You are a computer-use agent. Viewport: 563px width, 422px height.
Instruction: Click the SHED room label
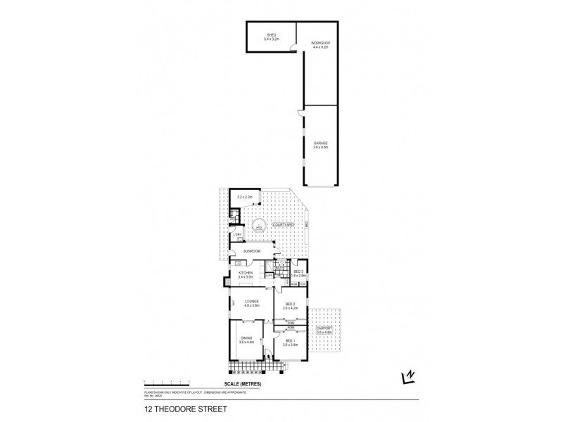click(271, 35)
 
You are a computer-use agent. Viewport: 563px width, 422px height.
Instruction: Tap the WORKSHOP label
click(320, 44)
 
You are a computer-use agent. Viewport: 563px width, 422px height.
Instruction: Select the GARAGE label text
click(320, 143)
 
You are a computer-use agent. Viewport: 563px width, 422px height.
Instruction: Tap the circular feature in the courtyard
click(260, 225)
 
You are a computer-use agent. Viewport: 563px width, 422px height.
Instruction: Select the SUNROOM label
click(251, 251)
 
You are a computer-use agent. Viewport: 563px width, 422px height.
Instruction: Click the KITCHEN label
click(245, 273)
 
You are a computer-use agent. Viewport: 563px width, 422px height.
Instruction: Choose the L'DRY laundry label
click(237, 234)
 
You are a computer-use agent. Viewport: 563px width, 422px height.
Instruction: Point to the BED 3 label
click(298, 271)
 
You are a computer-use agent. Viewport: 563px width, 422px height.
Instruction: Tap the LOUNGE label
click(251, 302)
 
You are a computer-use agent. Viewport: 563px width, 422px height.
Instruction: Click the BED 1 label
click(290, 341)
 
